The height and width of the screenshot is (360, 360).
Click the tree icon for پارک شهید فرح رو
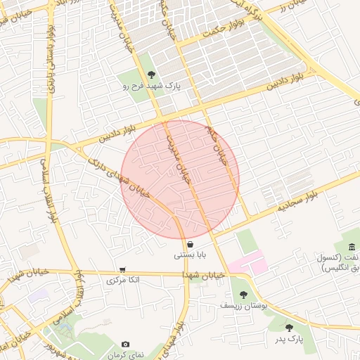152,75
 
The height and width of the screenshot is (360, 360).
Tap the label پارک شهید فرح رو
152,86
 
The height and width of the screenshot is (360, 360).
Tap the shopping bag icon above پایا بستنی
191,244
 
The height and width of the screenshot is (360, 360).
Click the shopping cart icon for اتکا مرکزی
123,269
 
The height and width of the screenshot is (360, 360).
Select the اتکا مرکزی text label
123,280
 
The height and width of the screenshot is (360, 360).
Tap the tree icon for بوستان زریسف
243,295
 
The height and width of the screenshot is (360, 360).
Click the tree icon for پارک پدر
289,328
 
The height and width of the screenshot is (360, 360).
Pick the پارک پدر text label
288,339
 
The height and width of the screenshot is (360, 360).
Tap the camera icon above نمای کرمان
125,345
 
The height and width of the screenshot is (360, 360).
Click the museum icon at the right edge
351,245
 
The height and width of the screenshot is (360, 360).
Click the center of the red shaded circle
180,179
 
